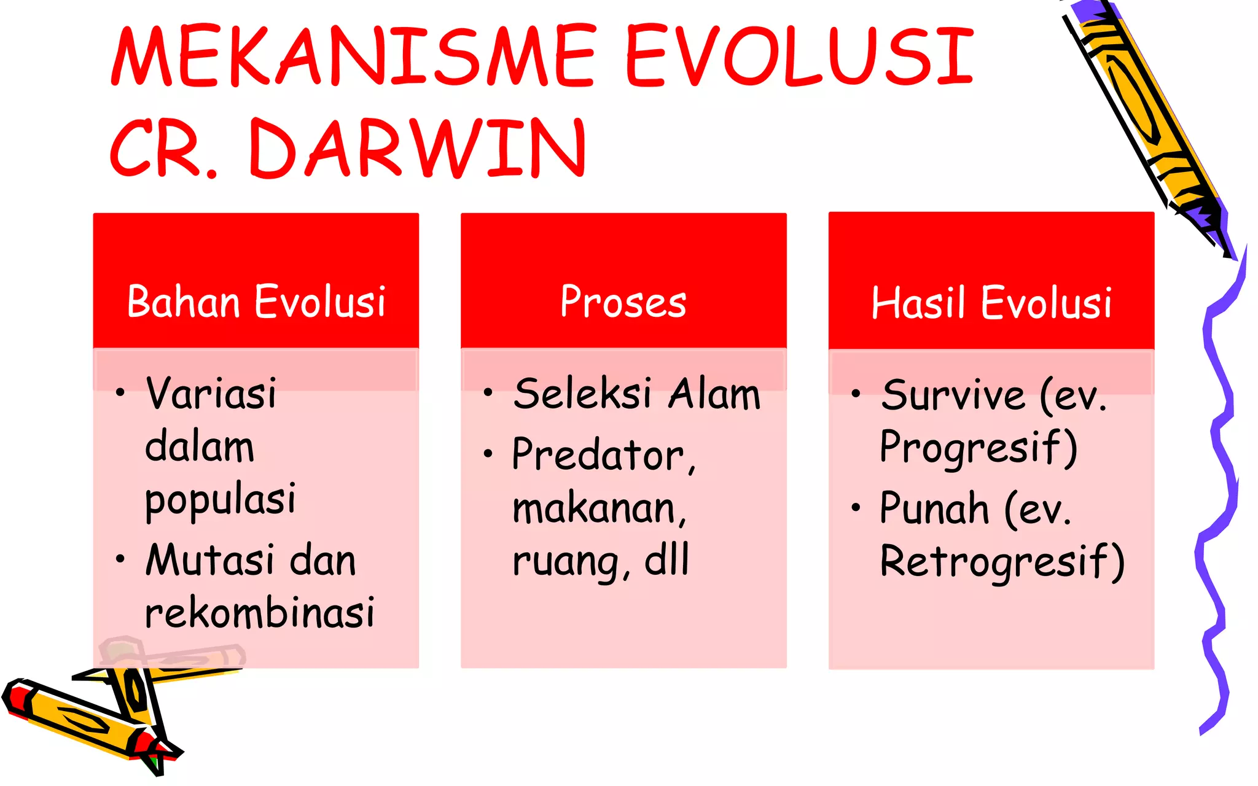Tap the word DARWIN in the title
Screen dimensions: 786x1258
[x=418, y=149]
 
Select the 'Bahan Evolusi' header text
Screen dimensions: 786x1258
[x=256, y=302]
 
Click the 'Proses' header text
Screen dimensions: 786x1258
[x=623, y=302]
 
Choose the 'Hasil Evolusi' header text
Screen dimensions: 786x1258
[x=991, y=303]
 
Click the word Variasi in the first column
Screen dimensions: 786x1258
[x=211, y=393]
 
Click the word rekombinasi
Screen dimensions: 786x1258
[x=259, y=613]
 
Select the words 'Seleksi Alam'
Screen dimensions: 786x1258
[x=637, y=394]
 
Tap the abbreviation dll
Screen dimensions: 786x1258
[x=666, y=560]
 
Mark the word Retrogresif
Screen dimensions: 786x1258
[x=1001, y=561]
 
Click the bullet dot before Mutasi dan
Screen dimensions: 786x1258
[x=120, y=559]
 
